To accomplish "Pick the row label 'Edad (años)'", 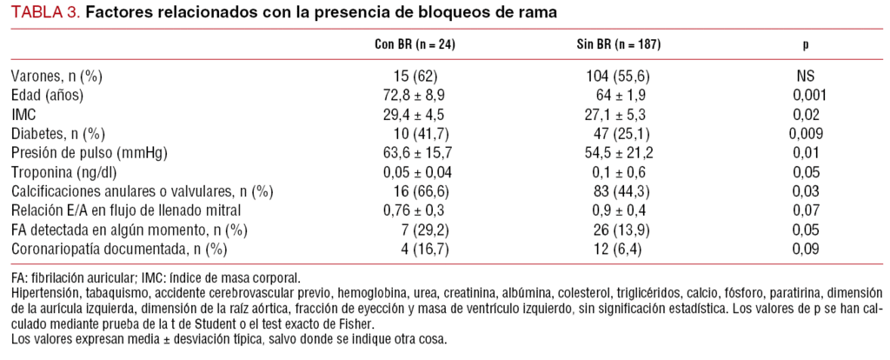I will tap(50, 95).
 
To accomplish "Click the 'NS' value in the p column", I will tap(806, 77).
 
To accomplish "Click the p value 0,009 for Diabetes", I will tap(806, 133).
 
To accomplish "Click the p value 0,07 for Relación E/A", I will tap(806, 210).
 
